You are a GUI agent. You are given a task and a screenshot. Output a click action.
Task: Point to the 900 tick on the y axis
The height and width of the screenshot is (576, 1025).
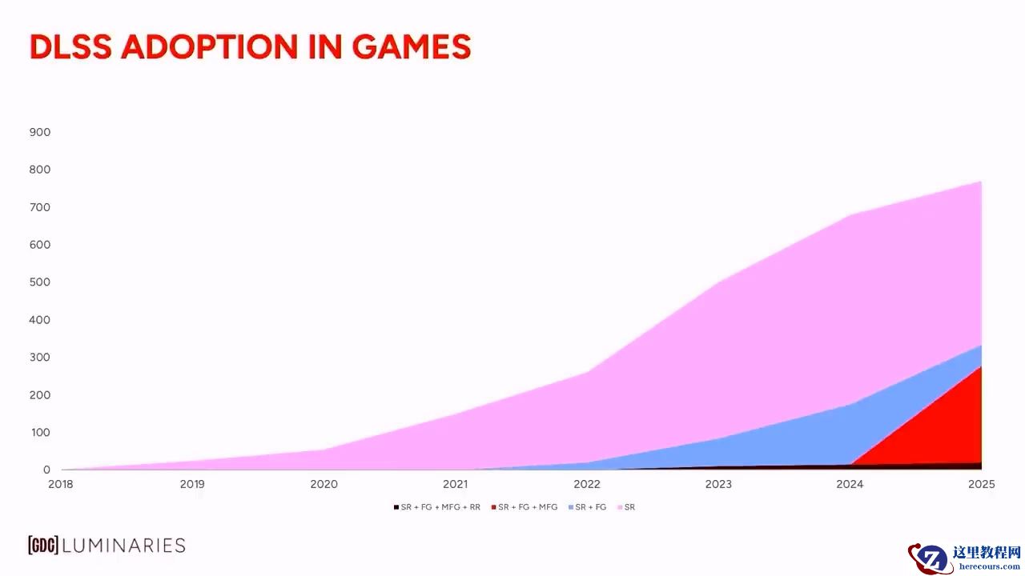40,132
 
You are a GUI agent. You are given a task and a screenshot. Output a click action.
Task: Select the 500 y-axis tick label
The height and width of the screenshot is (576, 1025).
40,282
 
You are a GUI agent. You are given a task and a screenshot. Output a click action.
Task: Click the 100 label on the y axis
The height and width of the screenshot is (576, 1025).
40,433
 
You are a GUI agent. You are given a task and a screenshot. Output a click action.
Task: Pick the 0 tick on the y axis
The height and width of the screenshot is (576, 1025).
46,470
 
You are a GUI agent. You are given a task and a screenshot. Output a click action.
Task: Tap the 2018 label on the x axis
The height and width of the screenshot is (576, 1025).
61,484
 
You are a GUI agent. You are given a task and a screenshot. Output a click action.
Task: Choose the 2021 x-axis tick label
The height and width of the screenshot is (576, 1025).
455,484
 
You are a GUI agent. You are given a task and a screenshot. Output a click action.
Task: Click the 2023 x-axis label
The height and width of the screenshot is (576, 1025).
717,484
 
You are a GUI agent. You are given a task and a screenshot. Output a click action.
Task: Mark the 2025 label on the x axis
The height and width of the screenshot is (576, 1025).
981,484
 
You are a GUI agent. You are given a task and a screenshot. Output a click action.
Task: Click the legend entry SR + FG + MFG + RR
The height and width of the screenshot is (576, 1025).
440,507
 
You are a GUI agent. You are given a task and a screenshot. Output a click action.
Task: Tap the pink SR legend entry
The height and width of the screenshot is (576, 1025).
629,507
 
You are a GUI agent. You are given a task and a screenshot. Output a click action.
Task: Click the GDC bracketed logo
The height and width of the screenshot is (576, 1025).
42,546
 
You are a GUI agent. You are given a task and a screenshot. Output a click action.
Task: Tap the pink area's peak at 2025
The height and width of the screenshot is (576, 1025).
980,183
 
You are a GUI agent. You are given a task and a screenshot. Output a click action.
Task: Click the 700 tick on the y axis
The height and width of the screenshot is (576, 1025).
40,207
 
